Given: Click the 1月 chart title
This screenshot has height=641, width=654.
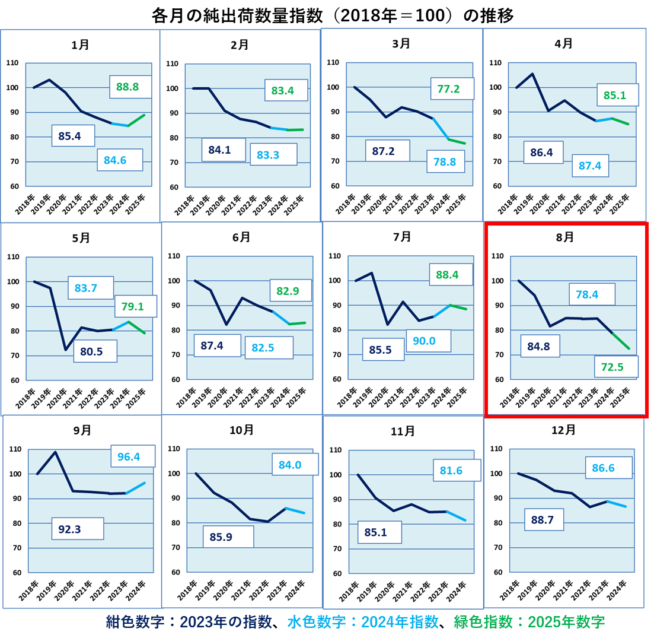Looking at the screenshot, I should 80,45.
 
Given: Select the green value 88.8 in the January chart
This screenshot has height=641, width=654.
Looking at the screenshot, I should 127,87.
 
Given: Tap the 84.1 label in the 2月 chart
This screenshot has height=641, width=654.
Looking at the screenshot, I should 219,150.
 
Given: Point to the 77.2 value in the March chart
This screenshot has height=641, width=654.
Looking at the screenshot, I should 449,89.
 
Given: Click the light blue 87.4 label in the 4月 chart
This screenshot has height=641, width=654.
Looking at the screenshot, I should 590,166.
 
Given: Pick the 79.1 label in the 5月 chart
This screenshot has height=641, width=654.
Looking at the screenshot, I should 133,307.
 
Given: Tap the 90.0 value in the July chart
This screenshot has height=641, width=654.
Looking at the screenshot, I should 424,341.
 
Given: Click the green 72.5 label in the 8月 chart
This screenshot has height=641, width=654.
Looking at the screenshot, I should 612,367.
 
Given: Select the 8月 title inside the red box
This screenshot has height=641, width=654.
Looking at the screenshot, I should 564,237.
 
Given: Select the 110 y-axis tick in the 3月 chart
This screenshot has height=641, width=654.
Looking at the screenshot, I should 333,62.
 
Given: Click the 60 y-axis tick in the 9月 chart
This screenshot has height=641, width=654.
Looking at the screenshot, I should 16,573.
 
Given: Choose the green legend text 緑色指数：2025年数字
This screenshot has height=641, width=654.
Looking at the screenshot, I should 529,622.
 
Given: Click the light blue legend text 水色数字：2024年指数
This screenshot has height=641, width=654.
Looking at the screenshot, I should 363,622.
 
